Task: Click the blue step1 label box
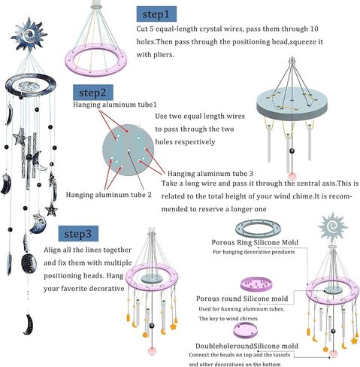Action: click(156, 14)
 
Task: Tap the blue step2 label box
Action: click(93, 93)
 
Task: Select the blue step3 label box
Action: click(78, 234)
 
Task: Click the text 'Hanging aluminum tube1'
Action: click(115, 105)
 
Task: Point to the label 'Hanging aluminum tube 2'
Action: click(109, 195)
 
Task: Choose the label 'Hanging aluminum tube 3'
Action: click(210, 174)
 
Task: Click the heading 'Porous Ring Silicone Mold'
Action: click(255, 242)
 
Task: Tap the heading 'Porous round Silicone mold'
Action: click(242, 299)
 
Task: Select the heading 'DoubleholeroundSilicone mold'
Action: click(247, 346)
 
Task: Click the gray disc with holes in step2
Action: click(129, 150)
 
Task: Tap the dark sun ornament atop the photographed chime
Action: click(29, 35)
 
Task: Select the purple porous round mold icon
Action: click(256, 284)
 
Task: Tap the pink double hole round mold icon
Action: click(246, 330)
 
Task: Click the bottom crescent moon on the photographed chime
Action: click(29, 324)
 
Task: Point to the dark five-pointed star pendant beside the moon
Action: click(51, 209)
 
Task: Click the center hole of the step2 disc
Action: click(129, 150)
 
